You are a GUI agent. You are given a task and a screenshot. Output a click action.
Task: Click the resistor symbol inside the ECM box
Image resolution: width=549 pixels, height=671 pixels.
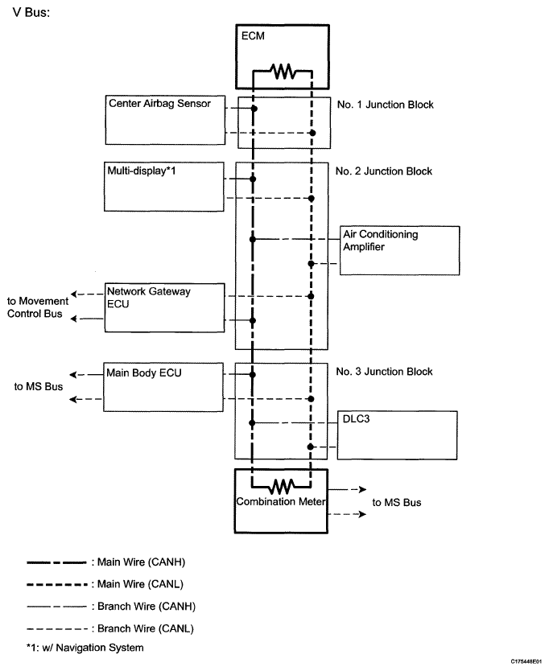(x=283, y=71)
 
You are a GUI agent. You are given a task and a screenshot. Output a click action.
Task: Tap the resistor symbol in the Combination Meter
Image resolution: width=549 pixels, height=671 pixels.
(x=282, y=487)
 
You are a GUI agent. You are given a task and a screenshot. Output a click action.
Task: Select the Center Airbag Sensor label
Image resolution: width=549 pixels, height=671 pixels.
(x=159, y=104)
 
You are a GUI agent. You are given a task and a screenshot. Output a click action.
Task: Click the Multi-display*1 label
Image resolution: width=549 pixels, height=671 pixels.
(x=142, y=171)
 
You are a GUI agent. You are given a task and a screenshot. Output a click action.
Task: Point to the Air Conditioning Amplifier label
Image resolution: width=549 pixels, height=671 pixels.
(x=380, y=241)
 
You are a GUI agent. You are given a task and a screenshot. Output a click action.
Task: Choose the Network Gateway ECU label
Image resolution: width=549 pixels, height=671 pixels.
(x=149, y=298)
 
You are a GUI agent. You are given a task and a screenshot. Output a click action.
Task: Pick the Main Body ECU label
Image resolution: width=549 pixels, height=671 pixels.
(x=144, y=373)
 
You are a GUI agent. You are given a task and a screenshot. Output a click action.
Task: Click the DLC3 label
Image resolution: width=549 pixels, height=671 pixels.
(x=357, y=418)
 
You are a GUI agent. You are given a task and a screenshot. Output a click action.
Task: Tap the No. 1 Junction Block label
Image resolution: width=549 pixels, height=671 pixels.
(x=385, y=105)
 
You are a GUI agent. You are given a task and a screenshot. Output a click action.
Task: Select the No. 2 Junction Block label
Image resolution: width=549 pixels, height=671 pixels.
(x=384, y=171)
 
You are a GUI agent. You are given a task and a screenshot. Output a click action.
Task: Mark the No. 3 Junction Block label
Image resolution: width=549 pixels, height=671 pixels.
(x=384, y=372)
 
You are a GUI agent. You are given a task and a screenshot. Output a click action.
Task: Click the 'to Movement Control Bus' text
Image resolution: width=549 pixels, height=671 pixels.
(x=38, y=307)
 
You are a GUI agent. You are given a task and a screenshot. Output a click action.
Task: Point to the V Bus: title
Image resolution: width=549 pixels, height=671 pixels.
(x=31, y=12)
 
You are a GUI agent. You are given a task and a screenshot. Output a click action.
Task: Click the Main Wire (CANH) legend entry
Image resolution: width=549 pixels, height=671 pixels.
(x=106, y=562)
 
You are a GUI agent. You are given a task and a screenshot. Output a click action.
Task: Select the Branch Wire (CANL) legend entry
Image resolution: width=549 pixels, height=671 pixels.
(x=110, y=628)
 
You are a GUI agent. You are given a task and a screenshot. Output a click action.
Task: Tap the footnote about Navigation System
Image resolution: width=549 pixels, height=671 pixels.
(x=85, y=648)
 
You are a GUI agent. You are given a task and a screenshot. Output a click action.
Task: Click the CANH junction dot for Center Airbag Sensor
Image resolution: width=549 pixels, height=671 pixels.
(x=254, y=109)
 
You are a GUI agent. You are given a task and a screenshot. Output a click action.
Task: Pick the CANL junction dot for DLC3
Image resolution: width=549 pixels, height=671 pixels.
(x=311, y=447)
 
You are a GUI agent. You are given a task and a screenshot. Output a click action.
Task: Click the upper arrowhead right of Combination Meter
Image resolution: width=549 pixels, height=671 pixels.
(x=363, y=489)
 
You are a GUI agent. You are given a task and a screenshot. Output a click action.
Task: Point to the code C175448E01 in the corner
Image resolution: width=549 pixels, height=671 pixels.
(x=526, y=661)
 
